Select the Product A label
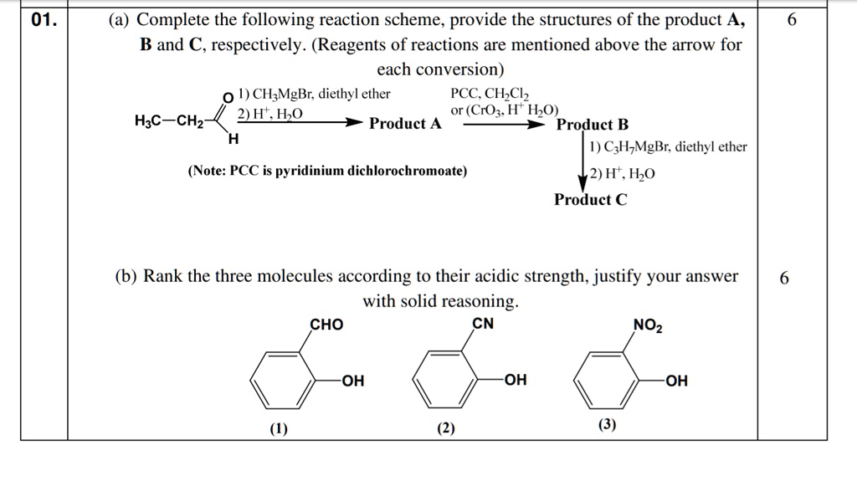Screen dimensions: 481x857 406,125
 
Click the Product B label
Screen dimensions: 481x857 592,125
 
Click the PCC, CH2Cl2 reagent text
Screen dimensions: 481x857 489,95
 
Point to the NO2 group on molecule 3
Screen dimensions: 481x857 648,325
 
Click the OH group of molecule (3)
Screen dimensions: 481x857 676,381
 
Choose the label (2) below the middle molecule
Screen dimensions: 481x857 445,429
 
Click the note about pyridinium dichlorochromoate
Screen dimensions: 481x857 328,171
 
